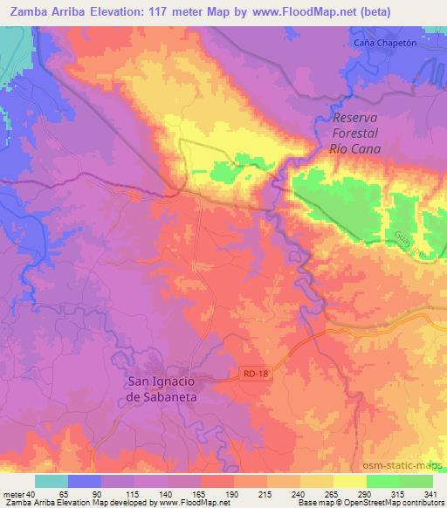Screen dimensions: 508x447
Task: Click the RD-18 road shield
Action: coord(252,374)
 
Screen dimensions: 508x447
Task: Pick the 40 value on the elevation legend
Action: coord(32,494)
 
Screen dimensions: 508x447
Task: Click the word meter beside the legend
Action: coord(13,494)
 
